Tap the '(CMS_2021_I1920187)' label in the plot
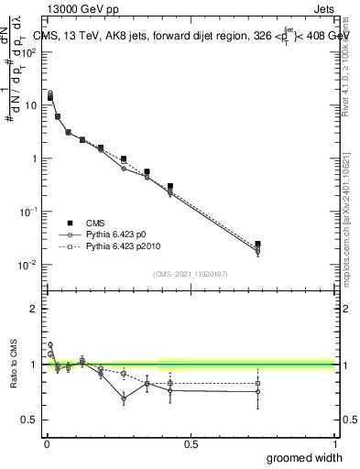(x=191, y=272)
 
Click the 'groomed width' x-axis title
(x=299, y=457)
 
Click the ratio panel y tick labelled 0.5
(x=29, y=420)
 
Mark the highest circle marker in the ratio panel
(x=50, y=345)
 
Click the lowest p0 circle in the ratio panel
(x=124, y=398)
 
